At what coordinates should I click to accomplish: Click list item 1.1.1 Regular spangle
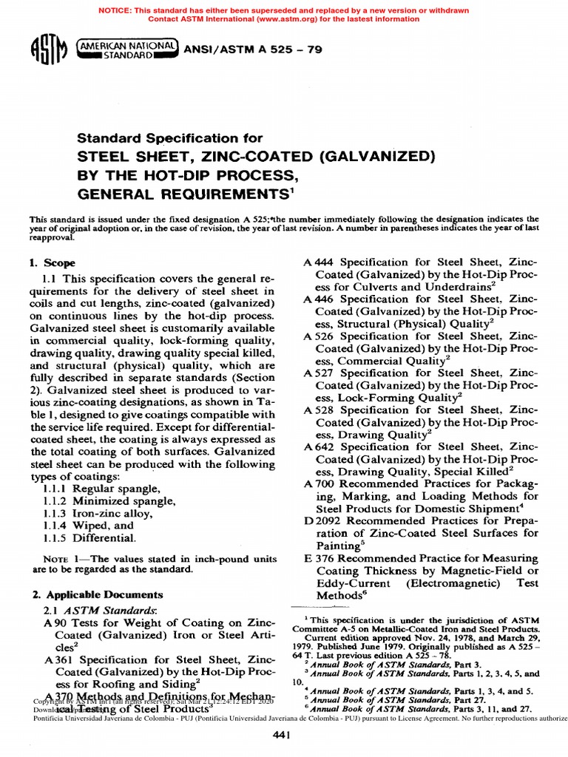[x=115, y=489]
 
